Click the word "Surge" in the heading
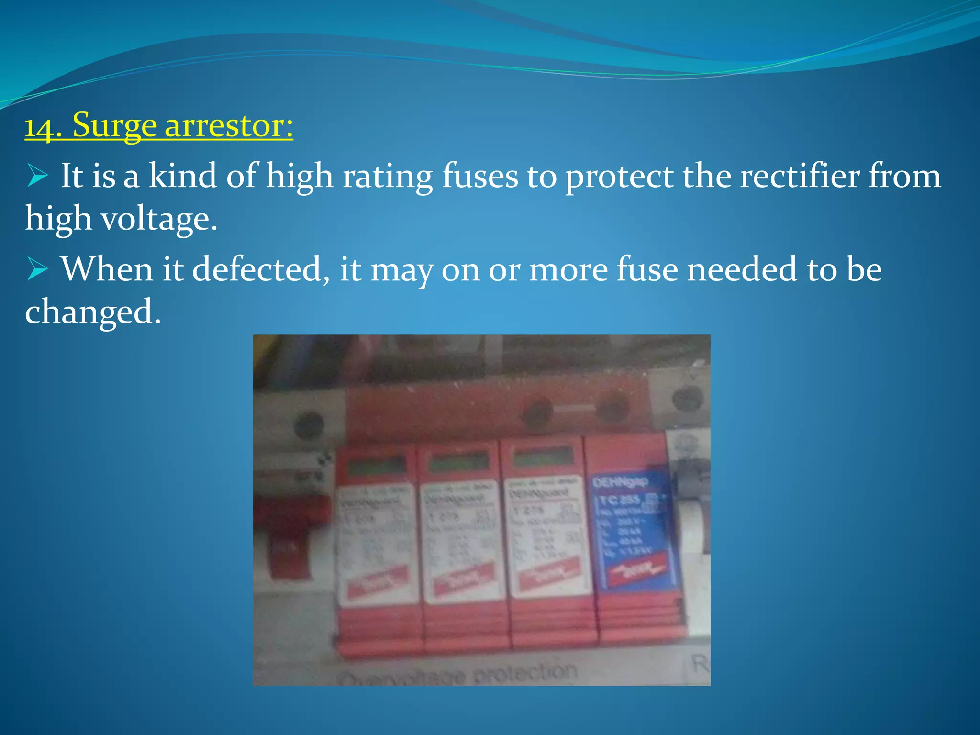click(x=114, y=125)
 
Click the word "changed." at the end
click(x=93, y=312)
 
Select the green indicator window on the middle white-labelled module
click(x=458, y=461)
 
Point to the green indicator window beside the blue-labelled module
click(x=544, y=458)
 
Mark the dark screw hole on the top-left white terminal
click(x=309, y=424)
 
